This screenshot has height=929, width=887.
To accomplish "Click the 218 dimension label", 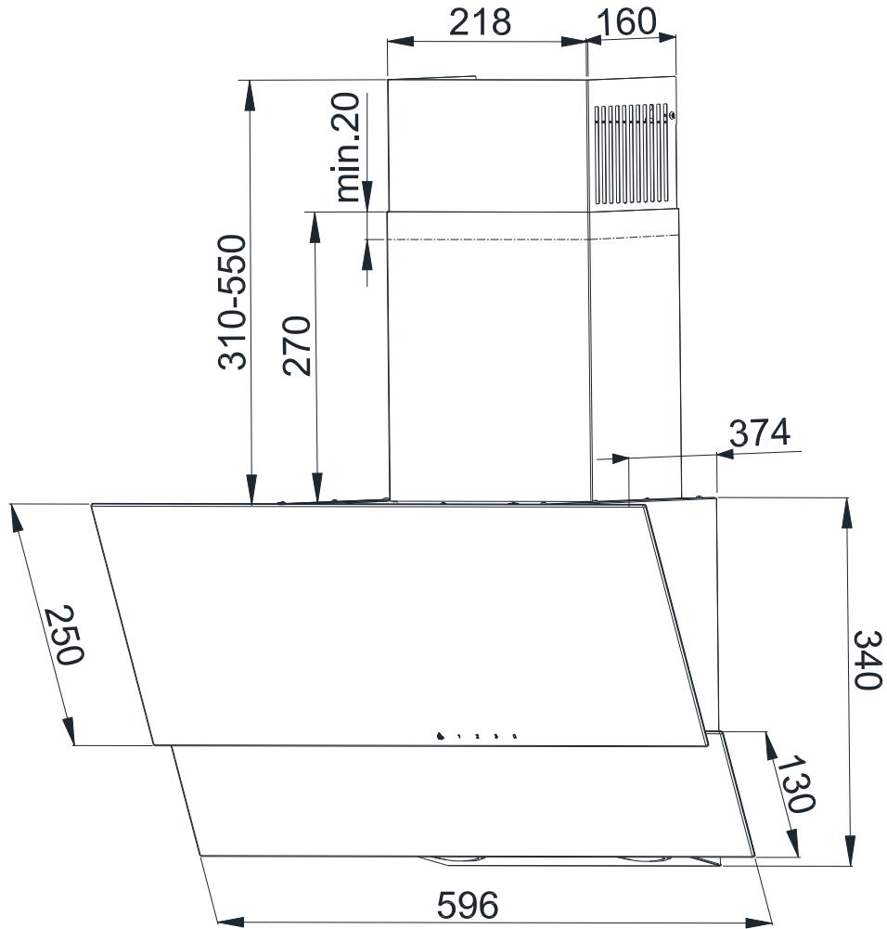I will pyautogui.click(x=480, y=21).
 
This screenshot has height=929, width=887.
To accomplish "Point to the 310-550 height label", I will pyautogui.click(x=233, y=303).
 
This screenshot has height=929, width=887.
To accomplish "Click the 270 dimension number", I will pyautogui.click(x=297, y=346).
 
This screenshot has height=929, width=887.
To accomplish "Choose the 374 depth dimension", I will pyautogui.click(x=758, y=432).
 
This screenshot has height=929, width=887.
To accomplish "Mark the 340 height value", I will pyautogui.click(x=866, y=659).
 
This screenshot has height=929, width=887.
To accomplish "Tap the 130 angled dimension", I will pyautogui.click(x=793, y=783).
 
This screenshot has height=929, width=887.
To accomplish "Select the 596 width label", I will pyautogui.click(x=469, y=903).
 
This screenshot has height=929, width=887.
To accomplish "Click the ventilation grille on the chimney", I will pyautogui.click(x=631, y=154).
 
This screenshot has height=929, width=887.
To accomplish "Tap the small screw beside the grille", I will pyautogui.click(x=672, y=116).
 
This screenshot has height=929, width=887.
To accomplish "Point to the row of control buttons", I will pyautogui.click(x=475, y=737).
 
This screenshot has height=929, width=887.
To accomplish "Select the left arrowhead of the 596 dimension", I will pyautogui.click(x=226, y=922).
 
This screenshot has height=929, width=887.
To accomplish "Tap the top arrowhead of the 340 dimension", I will pyautogui.click(x=847, y=510).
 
